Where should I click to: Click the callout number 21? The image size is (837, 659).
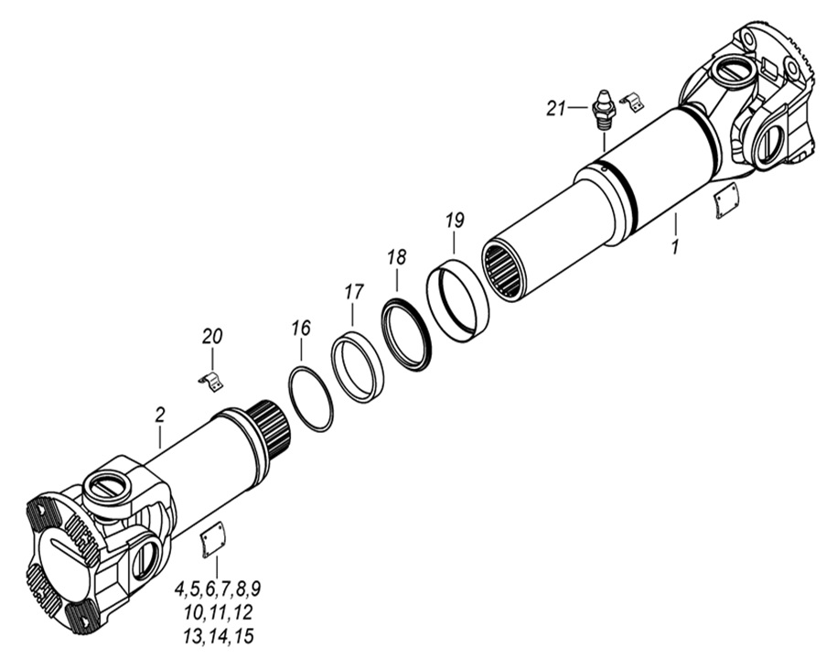(x=556, y=108)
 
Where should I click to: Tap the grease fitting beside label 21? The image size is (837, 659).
(x=605, y=108)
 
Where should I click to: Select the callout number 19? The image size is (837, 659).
(x=455, y=221)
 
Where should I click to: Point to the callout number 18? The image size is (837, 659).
(x=395, y=257)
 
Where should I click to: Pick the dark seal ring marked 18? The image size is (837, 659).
(x=406, y=333)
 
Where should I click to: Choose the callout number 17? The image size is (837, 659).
(x=353, y=293)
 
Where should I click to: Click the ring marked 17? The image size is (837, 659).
(x=358, y=367)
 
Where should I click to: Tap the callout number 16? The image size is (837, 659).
(x=301, y=328)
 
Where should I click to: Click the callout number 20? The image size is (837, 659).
(x=212, y=337)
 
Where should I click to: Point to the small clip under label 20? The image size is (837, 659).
(x=211, y=381)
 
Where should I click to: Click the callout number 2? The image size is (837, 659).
(x=159, y=415)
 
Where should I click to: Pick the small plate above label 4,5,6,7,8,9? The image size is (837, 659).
(x=213, y=540)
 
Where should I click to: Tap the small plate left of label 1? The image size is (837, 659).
(x=726, y=200)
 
